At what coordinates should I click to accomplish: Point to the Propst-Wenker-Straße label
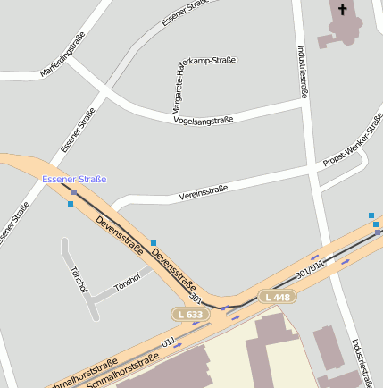(354, 148)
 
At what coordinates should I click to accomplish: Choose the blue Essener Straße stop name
(74, 180)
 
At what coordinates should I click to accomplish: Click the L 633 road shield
(189, 315)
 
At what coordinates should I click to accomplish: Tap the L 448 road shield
(276, 297)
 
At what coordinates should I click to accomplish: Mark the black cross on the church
(342, 10)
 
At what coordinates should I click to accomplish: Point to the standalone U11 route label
(169, 341)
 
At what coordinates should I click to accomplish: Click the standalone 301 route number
(197, 298)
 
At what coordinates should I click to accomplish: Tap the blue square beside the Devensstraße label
(154, 242)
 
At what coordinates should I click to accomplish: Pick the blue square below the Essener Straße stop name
(71, 204)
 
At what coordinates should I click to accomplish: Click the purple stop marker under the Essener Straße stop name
(74, 191)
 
